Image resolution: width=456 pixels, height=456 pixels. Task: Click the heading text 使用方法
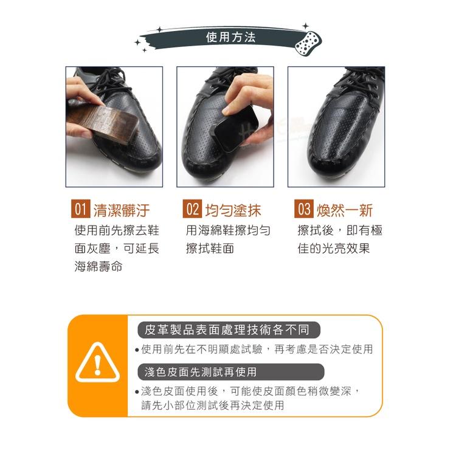tap(230, 38)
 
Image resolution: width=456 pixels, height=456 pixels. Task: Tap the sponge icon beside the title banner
tap(307, 43)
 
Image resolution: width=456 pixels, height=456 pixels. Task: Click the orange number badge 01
tap(80, 210)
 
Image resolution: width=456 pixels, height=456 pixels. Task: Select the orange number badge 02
tap(192, 210)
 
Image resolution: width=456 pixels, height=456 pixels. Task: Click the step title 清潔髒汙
tap(121, 210)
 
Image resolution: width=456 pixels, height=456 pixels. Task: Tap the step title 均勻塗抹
tap(233, 210)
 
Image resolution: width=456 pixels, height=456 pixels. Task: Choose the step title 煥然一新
tap(345, 210)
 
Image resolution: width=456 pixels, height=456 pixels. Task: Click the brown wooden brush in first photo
tap(100, 125)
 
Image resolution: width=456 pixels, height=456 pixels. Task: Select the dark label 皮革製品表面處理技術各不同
tap(227, 330)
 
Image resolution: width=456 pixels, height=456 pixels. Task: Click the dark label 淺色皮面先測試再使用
tap(201, 371)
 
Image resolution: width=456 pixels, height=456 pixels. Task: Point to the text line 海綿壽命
tap(98, 267)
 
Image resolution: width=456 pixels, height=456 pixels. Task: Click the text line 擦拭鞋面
tap(210, 249)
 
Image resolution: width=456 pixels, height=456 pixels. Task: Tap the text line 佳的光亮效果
tap(334, 249)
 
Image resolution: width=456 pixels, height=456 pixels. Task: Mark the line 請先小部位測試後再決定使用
tap(213, 405)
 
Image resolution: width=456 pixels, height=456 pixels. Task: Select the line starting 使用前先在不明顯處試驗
tap(257, 350)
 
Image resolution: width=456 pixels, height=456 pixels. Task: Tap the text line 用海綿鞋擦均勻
tap(229, 231)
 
